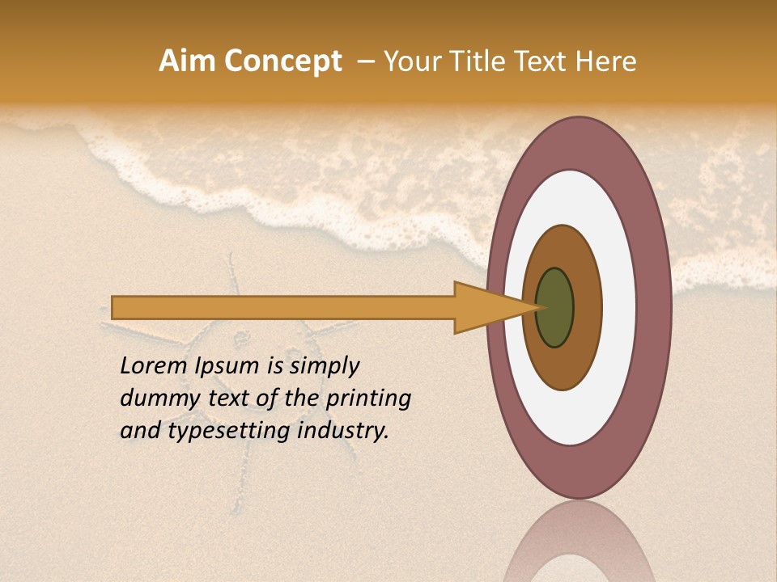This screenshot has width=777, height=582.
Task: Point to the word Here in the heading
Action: (x=605, y=61)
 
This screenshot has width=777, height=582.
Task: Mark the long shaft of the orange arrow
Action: (x=283, y=307)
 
